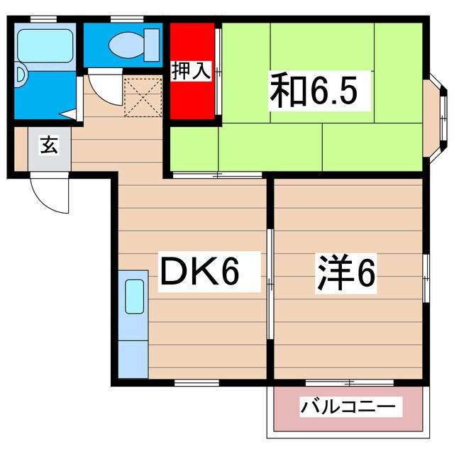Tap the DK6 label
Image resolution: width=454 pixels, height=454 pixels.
click(x=201, y=272)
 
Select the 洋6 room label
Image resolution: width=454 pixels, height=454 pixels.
click(x=345, y=272)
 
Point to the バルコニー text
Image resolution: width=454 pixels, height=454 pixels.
click(x=348, y=408)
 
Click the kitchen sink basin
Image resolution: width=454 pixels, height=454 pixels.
click(x=133, y=297)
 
